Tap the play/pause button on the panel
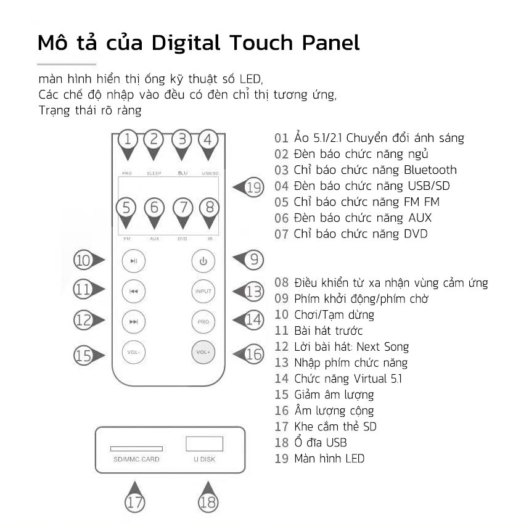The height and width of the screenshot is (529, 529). [x=134, y=261]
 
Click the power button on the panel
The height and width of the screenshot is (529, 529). [x=203, y=261]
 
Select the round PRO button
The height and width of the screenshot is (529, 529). [x=203, y=321]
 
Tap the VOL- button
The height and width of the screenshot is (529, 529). [x=134, y=352]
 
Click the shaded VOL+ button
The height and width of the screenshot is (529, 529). [x=203, y=352]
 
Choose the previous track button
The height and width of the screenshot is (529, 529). [x=134, y=291]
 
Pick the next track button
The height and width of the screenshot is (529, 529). [x=134, y=321]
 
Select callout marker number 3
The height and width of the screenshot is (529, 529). [x=182, y=145]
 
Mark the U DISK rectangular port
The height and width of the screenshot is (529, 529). [x=205, y=444]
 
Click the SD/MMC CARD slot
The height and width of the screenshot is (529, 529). [x=136, y=449]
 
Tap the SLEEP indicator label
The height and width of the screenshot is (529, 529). [x=154, y=173]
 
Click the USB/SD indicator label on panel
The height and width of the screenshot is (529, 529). [x=210, y=173]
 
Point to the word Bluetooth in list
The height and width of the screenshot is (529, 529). [x=430, y=170]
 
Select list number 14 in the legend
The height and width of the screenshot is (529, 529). [x=281, y=379]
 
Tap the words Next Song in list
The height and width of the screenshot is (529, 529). [x=383, y=347]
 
